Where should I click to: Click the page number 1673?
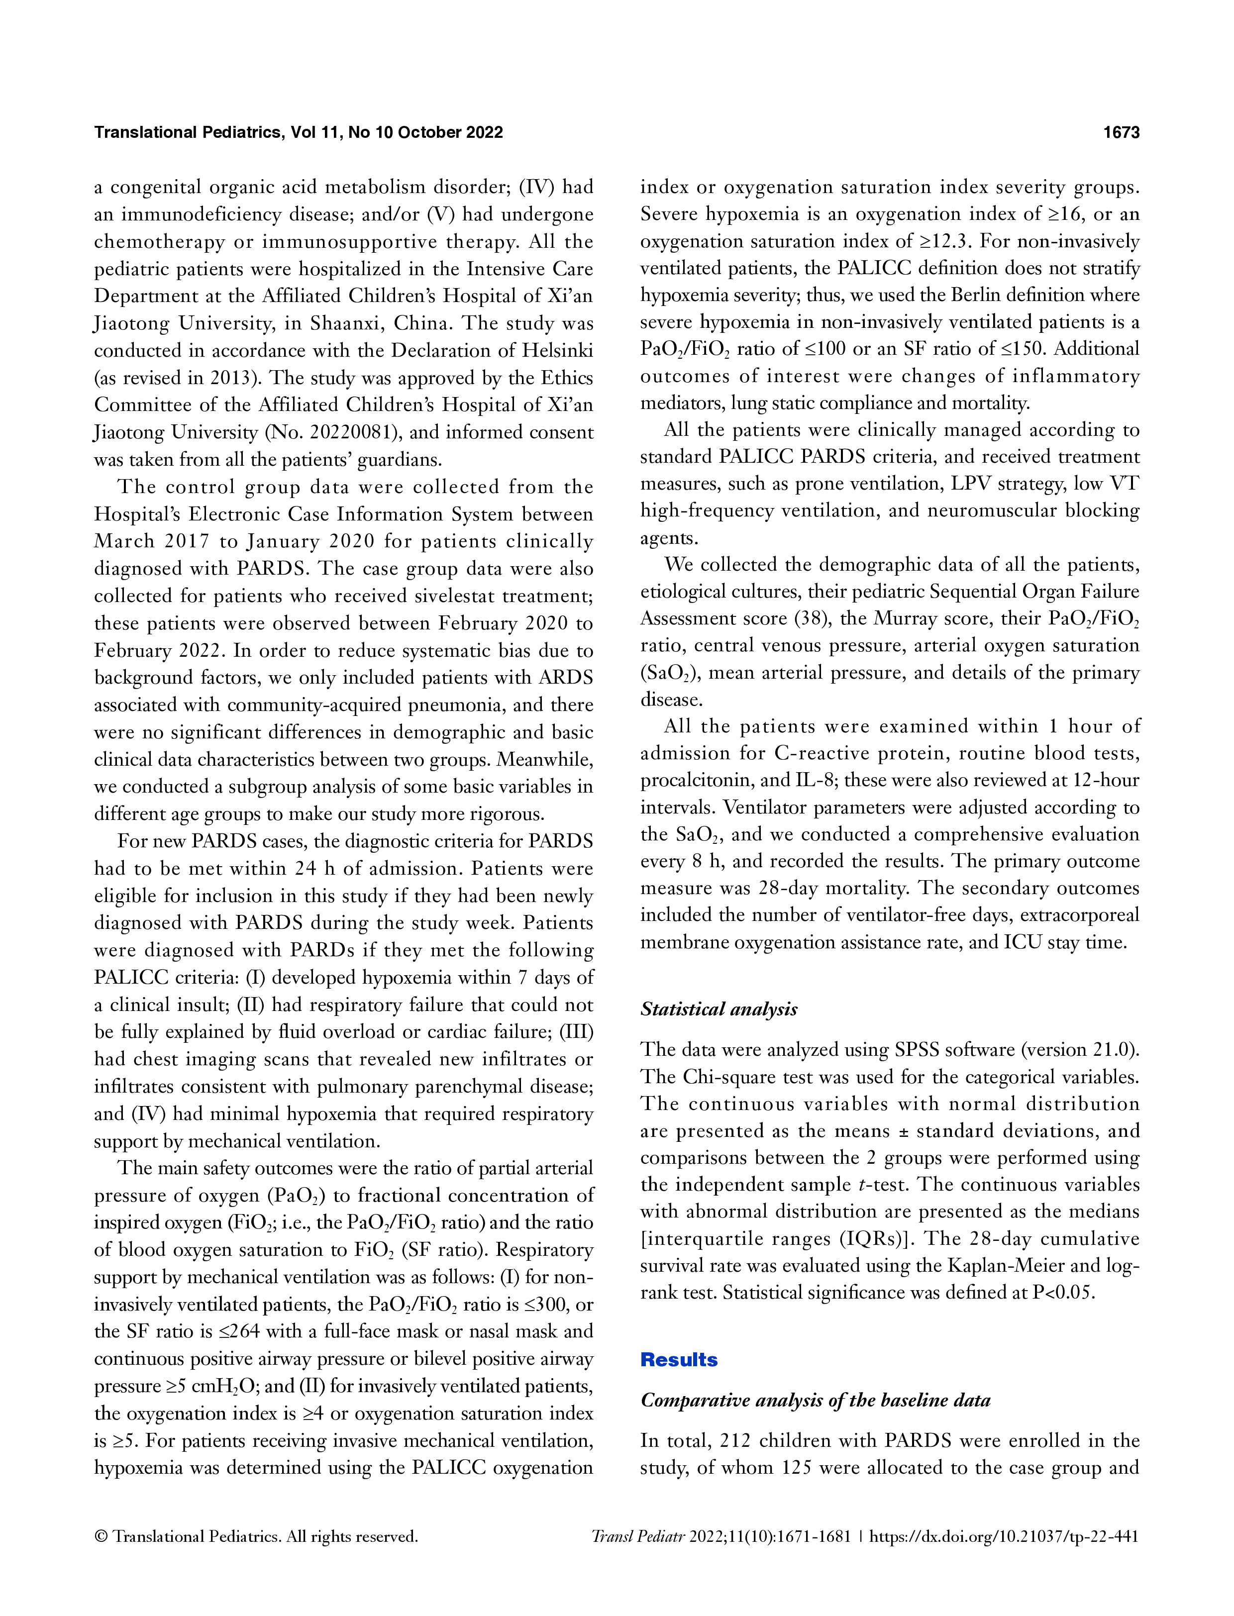click(x=1121, y=132)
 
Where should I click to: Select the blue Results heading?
click(x=679, y=1360)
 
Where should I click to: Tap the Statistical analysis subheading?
click(x=719, y=1010)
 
